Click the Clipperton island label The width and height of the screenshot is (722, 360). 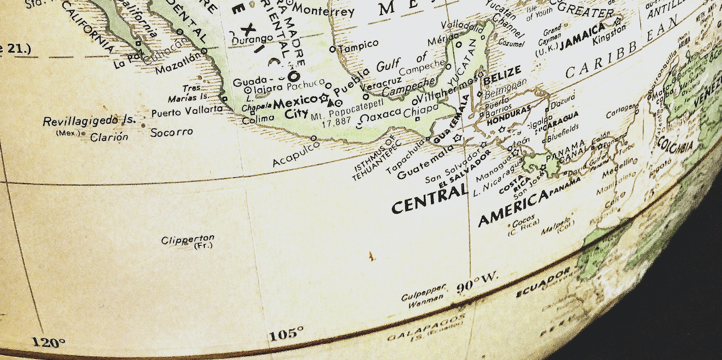point(187,240)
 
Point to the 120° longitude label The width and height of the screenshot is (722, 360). point(48,341)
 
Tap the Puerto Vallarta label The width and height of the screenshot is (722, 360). point(187,111)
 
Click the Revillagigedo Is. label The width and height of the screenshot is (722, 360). point(89,121)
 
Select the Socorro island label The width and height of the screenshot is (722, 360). point(172,133)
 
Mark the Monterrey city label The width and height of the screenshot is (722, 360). point(323,11)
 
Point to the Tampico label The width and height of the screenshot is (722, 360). point(358,46)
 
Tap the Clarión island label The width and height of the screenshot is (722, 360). point(109,137)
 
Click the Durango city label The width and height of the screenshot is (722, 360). point(252,39)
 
